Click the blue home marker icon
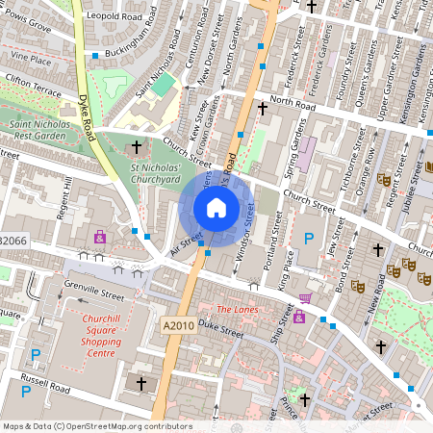[216, 207]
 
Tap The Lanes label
[237, 310]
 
